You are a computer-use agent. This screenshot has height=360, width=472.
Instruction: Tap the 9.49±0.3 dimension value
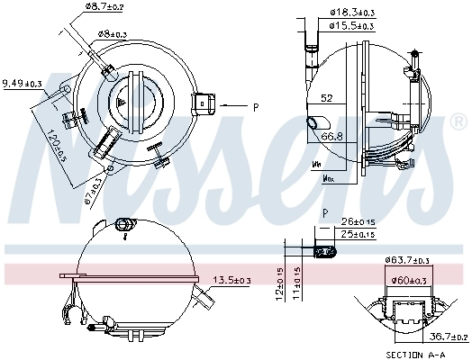tap(23, 84)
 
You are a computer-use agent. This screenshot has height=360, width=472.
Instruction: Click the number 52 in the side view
tap(326, 99)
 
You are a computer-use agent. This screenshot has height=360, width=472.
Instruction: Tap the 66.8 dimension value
tap(332, 137)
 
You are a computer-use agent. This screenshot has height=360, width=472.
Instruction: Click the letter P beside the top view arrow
tap(256, 108)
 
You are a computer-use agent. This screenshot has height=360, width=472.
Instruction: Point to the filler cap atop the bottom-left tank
tap(124, 221)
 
